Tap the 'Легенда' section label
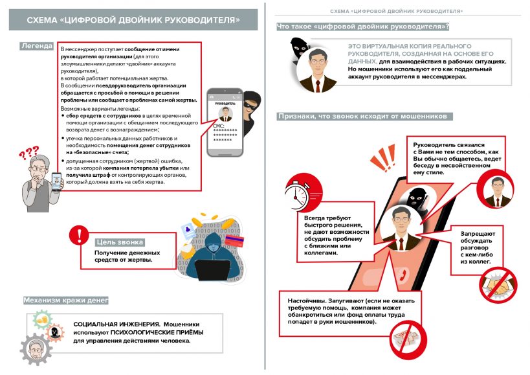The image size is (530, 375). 37,47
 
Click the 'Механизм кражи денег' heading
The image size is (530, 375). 65,301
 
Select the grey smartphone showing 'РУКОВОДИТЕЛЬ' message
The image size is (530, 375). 225,126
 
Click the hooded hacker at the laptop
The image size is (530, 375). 214,256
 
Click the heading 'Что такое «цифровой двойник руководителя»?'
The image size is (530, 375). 363,27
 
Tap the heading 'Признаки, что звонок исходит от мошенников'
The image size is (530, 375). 365,117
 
